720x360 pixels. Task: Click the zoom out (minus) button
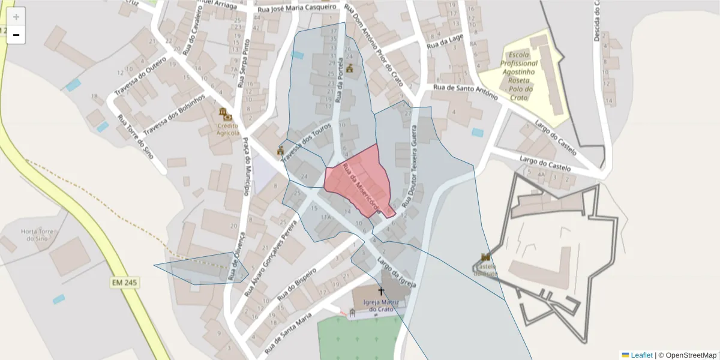[16, 35]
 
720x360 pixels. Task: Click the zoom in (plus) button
[16, 17]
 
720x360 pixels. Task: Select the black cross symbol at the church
[380, 292]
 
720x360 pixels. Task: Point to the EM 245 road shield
[125, 282]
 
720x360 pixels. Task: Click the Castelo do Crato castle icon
[485, 257]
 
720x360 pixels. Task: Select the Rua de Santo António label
[465, 91]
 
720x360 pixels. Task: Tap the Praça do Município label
[247, 166]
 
